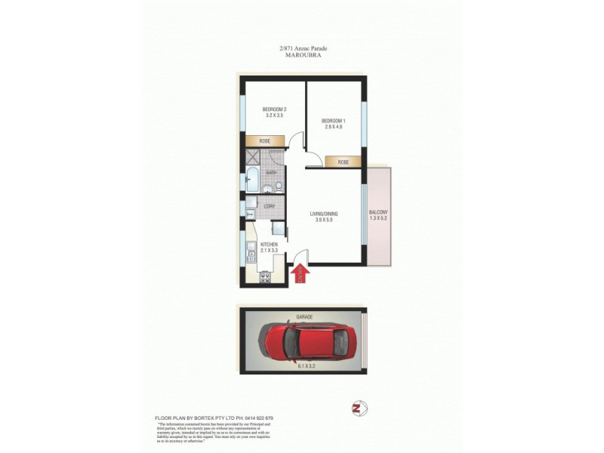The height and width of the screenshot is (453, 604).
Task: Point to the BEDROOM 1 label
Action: click(x=333, y=121)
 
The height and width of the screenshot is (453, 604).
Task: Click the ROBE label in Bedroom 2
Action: click(x=265, y=141)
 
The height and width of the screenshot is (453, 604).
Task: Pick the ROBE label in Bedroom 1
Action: click(x=344, y=162)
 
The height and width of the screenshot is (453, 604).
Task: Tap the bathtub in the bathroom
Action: click(x=251, y=182)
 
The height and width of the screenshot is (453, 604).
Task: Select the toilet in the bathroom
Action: click(x=278, y=186)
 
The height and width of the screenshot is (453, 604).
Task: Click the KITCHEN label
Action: click(x=270, y=245)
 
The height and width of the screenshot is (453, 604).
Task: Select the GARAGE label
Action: click(x=304, y=317)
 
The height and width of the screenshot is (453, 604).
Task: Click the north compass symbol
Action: click(x=359, y=408)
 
